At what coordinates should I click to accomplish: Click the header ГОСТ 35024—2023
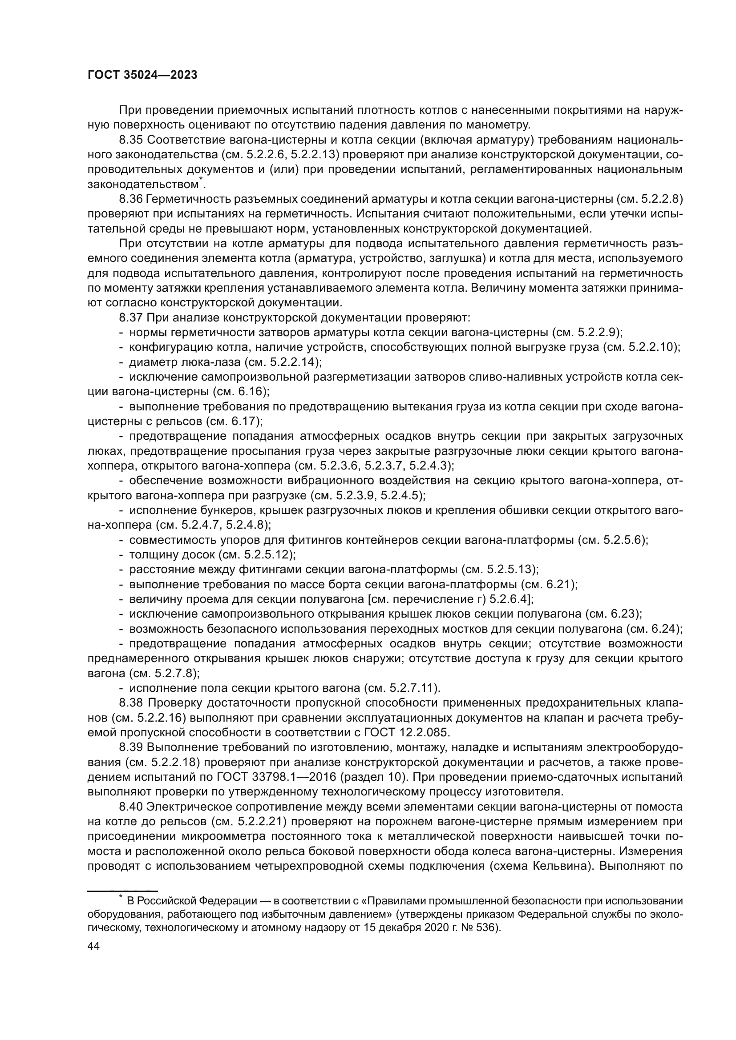click(x=142, y=75)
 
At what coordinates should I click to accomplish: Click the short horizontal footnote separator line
click(x=122, y=891)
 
